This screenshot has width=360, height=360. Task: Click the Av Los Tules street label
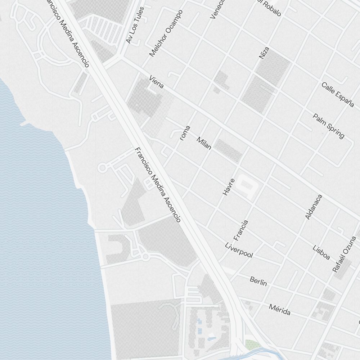pyautogui.click(x=135, y=25)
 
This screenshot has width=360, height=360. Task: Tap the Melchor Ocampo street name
pyautogui.click(x=166, y=33)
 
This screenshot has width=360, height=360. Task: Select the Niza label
pyautogui.click(x=264, y=53)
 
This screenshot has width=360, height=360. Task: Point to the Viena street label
pyautogui.click(x=157, y=82)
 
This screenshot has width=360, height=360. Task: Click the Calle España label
pyautogui.click(x=338, y=95)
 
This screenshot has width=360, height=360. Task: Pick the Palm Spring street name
pyautogui.click(x=328, y=126)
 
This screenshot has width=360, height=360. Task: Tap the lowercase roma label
pyautogui.click(x=185, y=133)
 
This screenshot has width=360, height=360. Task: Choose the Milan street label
pyautogui.click(x=204, y=143)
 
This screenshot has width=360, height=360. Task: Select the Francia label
pyautogui.click(x=241, y=230)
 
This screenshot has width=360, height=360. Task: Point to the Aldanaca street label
pyautogui.click(x=314, y=207)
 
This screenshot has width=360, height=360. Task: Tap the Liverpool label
pyautogui.click(x=239, y=251)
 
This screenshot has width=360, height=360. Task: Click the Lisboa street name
pyautogui.click(x=321, y=252)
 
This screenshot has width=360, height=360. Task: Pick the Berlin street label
pyautogui.click(x=258, y=281)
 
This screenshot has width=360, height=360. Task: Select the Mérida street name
pyautogui.click(x=280, y=309)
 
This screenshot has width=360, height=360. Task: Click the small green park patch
pyautogui.click(x=253, y=345)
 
